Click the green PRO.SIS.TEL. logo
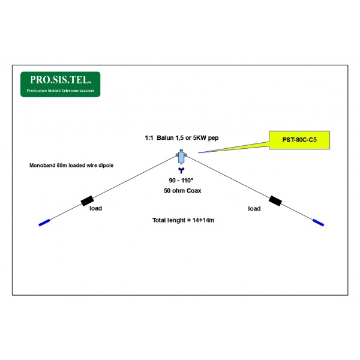(61, 84)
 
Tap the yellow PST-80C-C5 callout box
(299, 140)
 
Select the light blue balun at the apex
(181, 157)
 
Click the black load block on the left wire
(87, 201)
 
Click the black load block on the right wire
(275, 201)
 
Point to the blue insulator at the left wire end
(44, 223)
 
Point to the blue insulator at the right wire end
(318, 223)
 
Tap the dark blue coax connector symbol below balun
(181, 170)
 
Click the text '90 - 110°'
(181, 181)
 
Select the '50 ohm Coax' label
(182, 191)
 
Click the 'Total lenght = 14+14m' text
(183, 220)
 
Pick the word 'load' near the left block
(95, 208)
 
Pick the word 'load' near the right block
(254, 208)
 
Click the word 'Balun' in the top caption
(165, 138)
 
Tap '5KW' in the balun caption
(199, 138)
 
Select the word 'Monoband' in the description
(42, 166)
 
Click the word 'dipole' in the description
(106, 166)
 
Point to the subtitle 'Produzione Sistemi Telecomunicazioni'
(61, 91)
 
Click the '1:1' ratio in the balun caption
(149, 138)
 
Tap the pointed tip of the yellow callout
(199, 152)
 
